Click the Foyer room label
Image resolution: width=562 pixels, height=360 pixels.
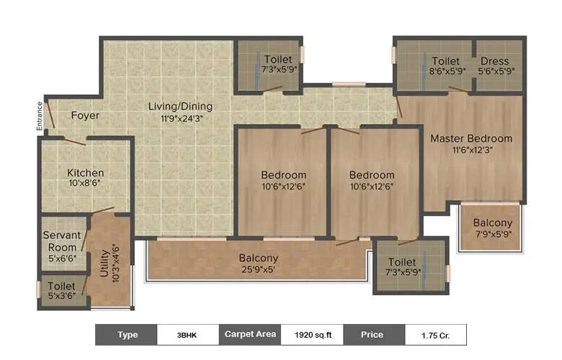[x=85, y=115]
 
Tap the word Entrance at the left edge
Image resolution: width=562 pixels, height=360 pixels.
[x=40, y=116]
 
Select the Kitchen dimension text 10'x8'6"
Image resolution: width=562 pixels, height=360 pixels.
[x=86, y=184]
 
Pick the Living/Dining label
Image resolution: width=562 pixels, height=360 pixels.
[x=180, y=107]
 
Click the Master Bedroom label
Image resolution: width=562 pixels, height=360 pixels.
[x=471, y=138]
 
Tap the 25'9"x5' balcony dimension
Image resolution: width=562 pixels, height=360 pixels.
[x=259, y=269]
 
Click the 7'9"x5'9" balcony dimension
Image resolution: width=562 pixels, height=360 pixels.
[x=493, y=234]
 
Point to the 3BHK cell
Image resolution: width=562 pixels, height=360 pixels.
[x=188, y=335]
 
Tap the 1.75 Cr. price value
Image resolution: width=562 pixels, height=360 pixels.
[x=434, y=335]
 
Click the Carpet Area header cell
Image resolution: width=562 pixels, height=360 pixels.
[x=249, y=335]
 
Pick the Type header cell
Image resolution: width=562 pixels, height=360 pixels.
[x=127, y=335]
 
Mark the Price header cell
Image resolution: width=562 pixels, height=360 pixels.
[x=373, y=335]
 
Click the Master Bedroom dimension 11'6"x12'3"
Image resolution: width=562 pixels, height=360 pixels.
[x=470, y=150]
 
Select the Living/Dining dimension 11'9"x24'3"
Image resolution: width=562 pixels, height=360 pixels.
[x=180, y=118]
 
